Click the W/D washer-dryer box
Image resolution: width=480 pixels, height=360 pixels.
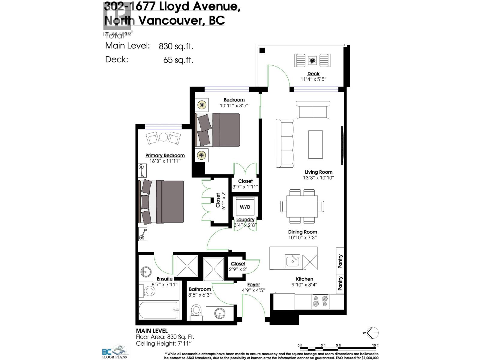(x=245, y=207)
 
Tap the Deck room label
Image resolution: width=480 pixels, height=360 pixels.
(x=313, y=73)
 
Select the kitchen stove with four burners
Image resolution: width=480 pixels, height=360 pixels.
(x=320, y=301)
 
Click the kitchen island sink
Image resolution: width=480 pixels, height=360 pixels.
(x=292, y=261)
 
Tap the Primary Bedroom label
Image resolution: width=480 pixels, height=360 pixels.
(x=165, y=155)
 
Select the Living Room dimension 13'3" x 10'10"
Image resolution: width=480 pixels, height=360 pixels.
(x=318, y=178)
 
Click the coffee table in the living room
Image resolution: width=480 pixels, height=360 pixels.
(x=315, y=144)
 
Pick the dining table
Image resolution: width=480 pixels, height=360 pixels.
(x=302, y=206)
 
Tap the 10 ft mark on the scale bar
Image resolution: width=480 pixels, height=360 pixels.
(x=375, y=346)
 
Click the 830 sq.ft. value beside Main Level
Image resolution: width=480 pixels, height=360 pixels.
(x=176, y=46)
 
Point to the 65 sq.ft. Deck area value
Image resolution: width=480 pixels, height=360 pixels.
(x=178, y=60)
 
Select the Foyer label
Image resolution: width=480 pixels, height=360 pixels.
(x=253, y=284)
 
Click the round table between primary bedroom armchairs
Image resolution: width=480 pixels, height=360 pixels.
(x=163, y=137)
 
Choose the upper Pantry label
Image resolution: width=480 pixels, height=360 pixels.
(x=340, y=261)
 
